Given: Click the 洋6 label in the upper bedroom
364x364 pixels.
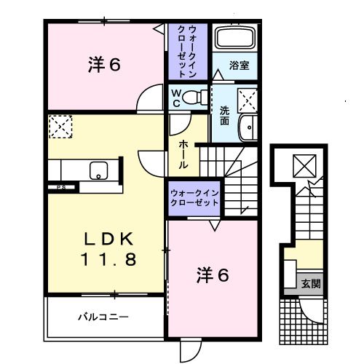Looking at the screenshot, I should point(104,66).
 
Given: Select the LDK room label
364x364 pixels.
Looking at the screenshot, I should point(106,239).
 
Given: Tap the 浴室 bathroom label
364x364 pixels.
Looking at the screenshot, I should point(240,65).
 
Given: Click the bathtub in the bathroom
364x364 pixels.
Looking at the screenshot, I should point(233,39).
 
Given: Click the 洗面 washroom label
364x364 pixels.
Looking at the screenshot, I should point(225,115).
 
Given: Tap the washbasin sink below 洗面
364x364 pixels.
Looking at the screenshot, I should point(249,125).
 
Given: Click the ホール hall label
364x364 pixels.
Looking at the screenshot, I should point(183,154).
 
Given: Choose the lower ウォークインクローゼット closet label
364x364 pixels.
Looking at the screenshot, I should point(194,197).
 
